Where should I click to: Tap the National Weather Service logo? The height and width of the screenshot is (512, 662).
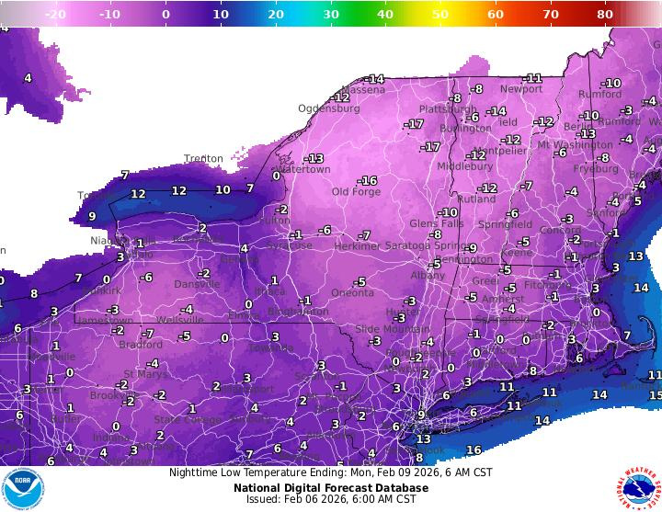(x=638, y=488)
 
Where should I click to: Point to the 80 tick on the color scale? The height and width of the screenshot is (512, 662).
(x=605, y=15)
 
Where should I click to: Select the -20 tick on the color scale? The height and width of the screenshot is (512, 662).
(x=55, y=15)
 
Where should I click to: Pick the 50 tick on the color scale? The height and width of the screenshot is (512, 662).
(x=440, y=15)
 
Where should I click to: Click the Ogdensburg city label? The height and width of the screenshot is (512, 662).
(x=328, y=108)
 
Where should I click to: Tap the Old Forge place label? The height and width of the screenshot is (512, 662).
(x=354, y=192)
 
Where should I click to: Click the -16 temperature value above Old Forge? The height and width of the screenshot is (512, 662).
(x=368, y=180)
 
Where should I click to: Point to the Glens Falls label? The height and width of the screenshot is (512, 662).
(x=436, y=223)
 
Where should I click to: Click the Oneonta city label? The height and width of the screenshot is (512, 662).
(x=352, y=293)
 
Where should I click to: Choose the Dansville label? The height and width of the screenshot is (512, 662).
(x=197, y=284)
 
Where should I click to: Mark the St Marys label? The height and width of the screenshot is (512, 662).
(x=143, y=374)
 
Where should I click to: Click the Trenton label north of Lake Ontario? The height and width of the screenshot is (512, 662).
(x=203, y=159)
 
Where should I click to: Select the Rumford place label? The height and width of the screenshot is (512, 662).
(x=599, y=94)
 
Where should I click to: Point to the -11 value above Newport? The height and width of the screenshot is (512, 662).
(x=532, y=78)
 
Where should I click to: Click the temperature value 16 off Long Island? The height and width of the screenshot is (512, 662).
(x=474, y=449)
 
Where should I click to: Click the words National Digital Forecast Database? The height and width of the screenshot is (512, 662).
(x=331, y=488)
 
